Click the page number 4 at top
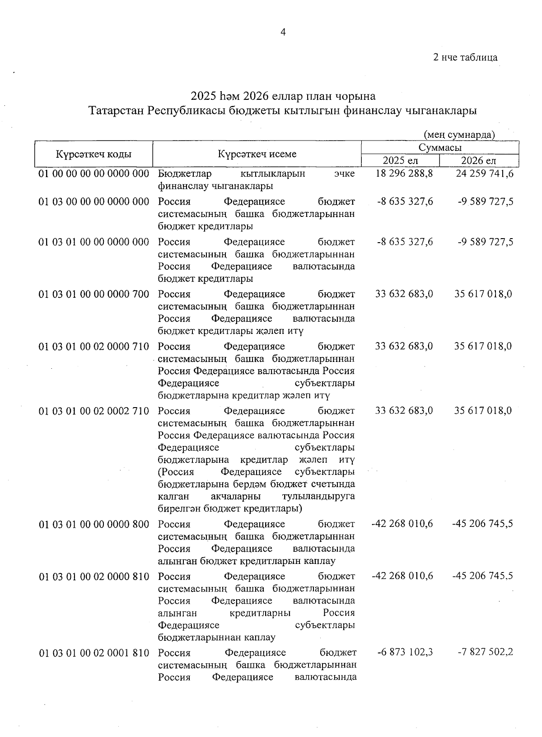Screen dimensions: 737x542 [283, 32]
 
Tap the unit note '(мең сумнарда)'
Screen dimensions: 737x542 [459, 134]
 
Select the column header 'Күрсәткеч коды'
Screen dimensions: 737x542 [94, 154]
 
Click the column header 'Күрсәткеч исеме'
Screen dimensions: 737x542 [257, 154]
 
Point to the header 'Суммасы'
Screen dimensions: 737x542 [440, 148]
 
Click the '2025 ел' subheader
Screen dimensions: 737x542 [400, 161]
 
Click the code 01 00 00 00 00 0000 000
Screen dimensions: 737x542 [94, 174]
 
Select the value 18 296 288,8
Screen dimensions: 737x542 [404, 174]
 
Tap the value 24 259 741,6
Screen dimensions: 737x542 [484, 174]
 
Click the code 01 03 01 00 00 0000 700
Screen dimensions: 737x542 [94, 295]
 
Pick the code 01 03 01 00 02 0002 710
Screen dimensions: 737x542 [94, 411]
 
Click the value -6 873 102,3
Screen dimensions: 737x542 [405, 653]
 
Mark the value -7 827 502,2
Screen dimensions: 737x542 [485, 653]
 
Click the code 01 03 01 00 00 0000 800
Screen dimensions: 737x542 [94, 525]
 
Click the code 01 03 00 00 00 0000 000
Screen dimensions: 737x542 [94, 202]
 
